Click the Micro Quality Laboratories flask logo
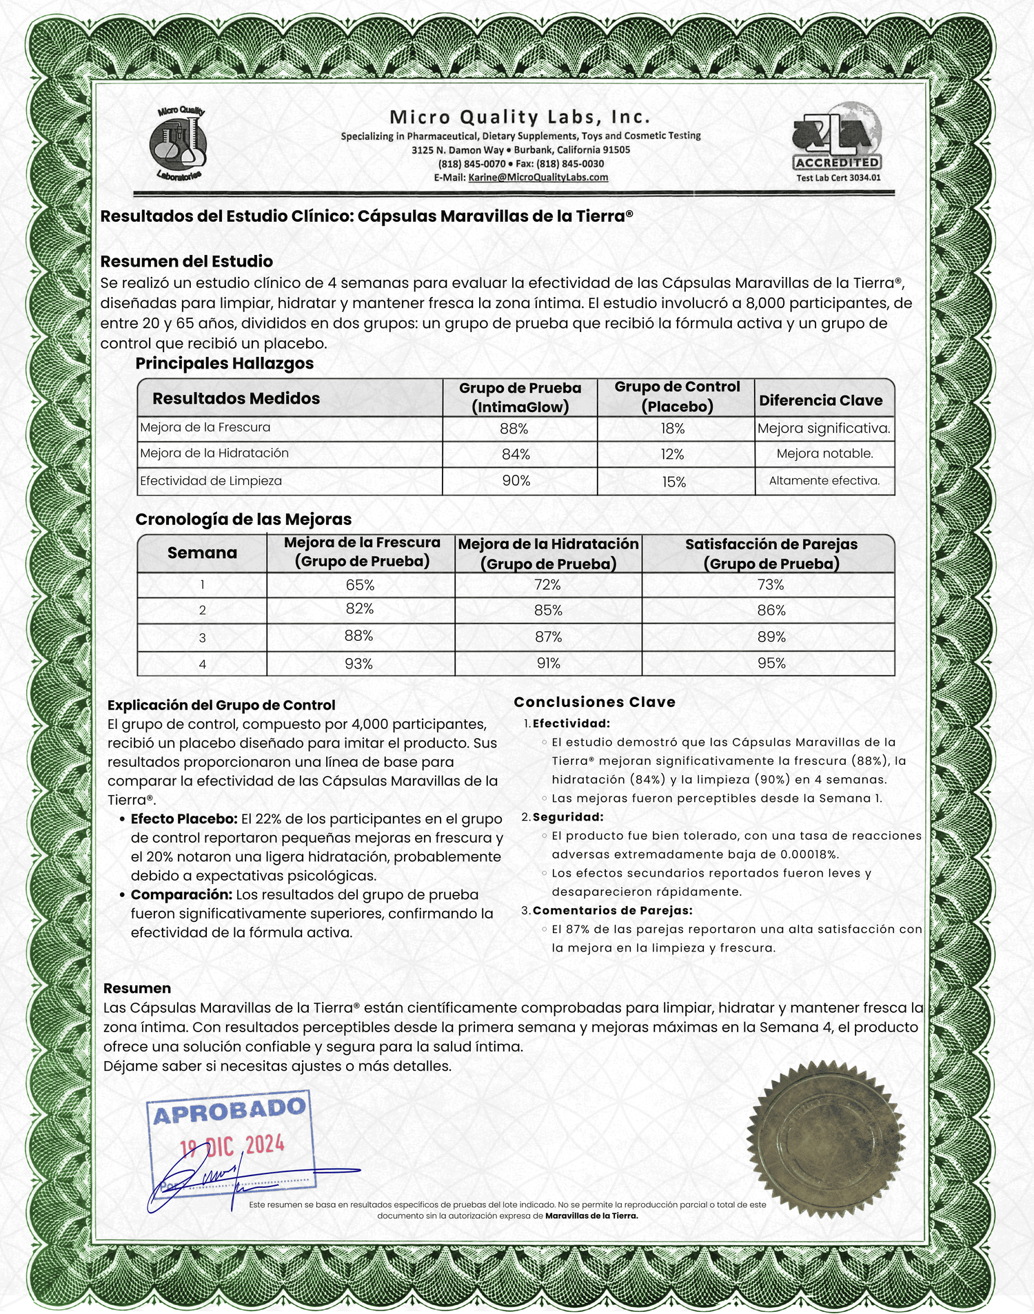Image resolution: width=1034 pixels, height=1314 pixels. click(179, 143)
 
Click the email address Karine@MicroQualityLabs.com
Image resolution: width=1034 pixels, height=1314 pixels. click(538, 177)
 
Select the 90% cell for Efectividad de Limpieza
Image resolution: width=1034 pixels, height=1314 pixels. click(516, 481)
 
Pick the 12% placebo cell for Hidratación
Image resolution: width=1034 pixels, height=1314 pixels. click(672, 454)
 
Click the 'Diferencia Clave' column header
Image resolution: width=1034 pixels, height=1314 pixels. click(820, 400)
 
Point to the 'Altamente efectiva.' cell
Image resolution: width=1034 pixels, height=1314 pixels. click(824, 481)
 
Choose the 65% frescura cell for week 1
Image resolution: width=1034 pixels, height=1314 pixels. click(360, 585)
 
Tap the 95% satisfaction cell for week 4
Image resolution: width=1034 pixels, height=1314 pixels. click(771, 663)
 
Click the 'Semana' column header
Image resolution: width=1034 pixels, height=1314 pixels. click(202, 553)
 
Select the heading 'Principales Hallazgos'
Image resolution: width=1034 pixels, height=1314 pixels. click(224, 363)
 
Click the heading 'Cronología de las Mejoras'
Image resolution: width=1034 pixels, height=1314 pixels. click(243, 520)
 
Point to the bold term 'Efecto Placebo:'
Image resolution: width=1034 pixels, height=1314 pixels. click(184, 819)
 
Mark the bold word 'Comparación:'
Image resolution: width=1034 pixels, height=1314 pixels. click(181, 894)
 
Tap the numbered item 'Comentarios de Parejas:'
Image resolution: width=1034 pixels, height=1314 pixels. click(612, 910)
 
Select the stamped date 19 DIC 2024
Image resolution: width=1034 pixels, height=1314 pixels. click(232, 1146)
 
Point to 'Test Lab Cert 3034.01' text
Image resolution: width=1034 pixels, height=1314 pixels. click(838, 178)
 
